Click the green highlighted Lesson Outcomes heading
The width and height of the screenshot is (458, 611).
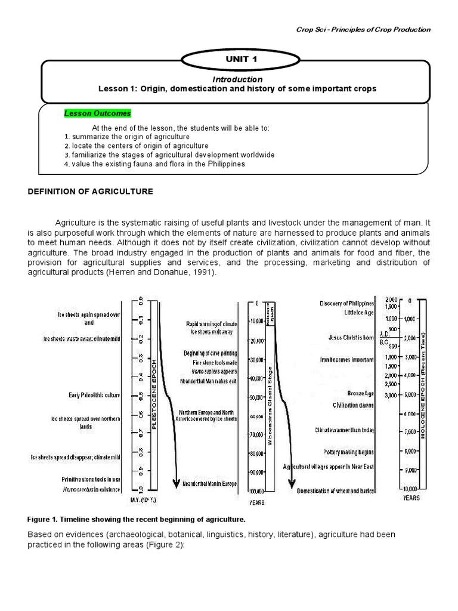point(97,113)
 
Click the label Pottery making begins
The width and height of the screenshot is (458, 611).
point(348,452)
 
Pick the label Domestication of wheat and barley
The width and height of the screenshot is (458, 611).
point(335,491)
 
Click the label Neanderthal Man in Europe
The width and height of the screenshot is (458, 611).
point(210,483)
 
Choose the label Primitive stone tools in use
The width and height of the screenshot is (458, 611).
point(91,479)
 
